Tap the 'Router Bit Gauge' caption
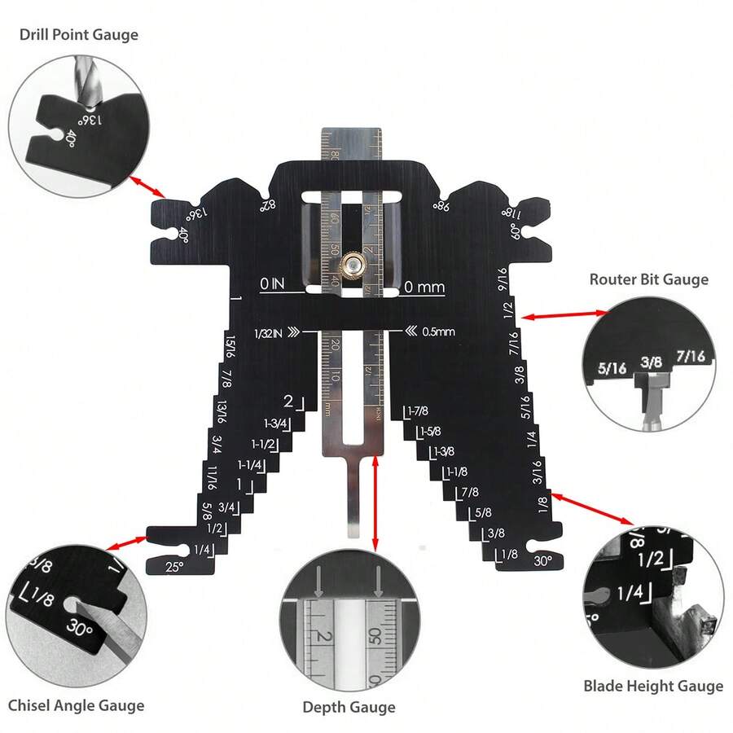(x=649, y=279)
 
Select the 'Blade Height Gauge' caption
(x=653, y=686)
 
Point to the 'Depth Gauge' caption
(x=349, y=707)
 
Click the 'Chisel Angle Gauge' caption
(x=76, y=705)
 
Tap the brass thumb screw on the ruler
(x=353, y=263)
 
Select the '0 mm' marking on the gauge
(x=424, y=287)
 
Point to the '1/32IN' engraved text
(x=270, y=332)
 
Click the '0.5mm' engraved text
(x=439, y=331)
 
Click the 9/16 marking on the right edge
(x=503, y=282)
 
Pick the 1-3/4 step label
(x=276, y=424)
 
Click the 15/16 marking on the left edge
(x=230, y=347)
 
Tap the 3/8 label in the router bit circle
(x=650, y=361)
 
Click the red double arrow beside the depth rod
(x=375, y=502)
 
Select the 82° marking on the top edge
(x=268, y=207)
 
